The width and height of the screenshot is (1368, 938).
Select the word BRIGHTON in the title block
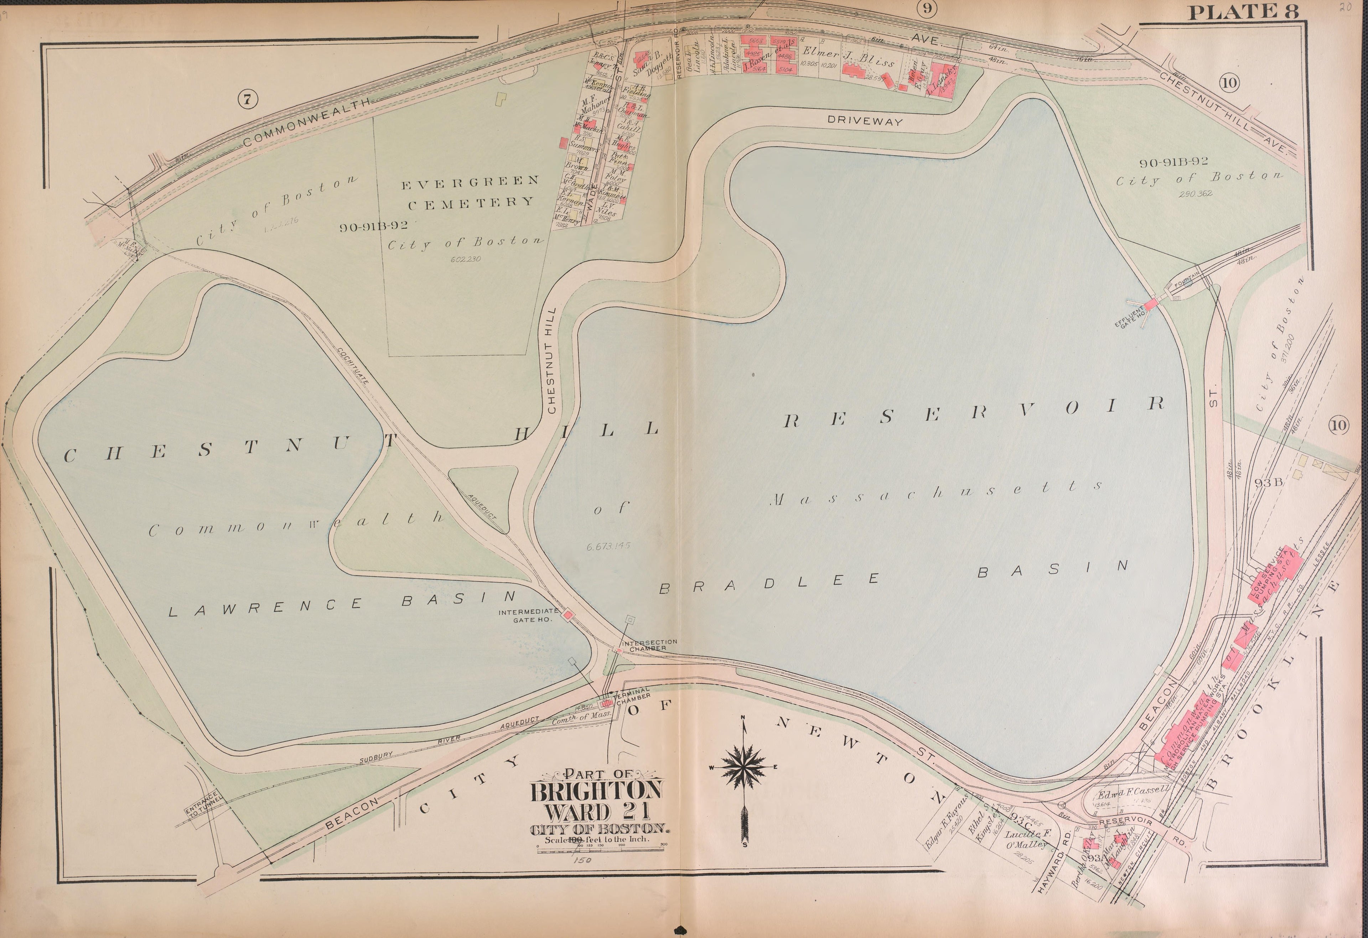pos(597,790)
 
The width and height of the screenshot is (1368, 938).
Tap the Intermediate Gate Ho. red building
pos(568,614)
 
